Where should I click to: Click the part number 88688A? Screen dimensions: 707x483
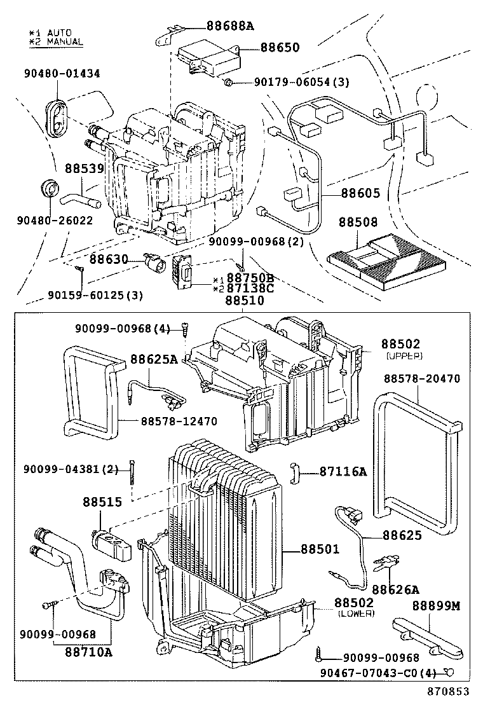pyautogui.click(x=229, y=26)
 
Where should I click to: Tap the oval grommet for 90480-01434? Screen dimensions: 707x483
pyautogui.click(x=57, y=118)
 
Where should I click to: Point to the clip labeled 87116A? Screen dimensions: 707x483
pyautogui.click(x=296, y=472)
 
